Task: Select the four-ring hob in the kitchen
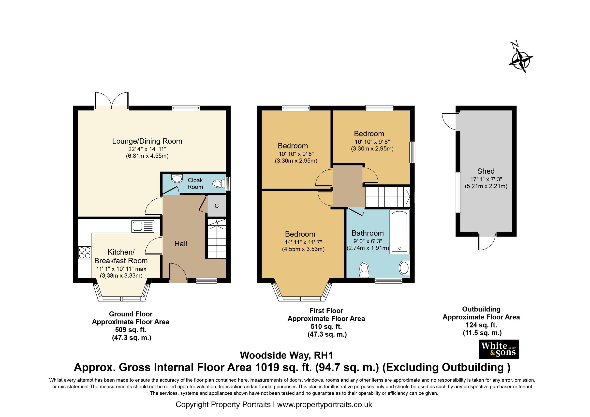[x=85, y=252]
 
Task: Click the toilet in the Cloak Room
[x=219, y=183]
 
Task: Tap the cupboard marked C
[x=216, y=206]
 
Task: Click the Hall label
[x=181, y=244]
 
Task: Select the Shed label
[x=486, y=171]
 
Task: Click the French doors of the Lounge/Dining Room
[x=112, y=101]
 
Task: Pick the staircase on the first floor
[x=387, y=197]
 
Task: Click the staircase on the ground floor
[x=216, y=239]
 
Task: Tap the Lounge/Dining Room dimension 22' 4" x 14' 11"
[x=147, y=149]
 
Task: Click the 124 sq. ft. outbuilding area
[x=481, y=325]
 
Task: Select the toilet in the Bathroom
[x=364, y=269]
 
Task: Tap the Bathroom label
[x=368, y=233]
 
